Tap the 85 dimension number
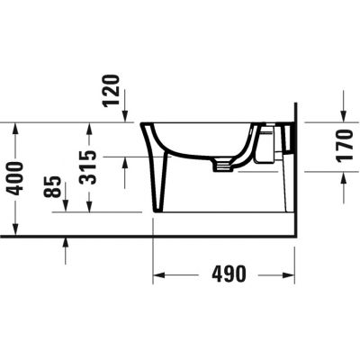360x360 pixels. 54,186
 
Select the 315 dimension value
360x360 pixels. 88,166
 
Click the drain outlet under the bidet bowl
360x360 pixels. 219,164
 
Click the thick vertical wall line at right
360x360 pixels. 294,180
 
